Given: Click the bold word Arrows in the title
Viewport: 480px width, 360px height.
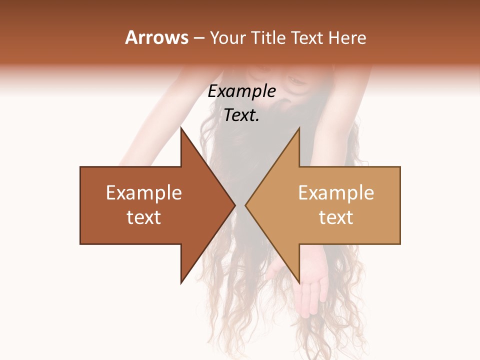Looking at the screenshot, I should [157, 37].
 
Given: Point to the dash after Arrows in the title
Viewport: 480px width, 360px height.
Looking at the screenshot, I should [198, 38].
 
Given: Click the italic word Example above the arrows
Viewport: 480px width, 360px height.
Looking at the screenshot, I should [241, 91].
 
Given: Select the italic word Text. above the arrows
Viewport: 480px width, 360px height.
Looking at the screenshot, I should [241, 115].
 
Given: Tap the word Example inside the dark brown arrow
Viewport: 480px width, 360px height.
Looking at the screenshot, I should [144, 193].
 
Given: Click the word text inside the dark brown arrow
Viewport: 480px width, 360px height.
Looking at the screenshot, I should [144, 217].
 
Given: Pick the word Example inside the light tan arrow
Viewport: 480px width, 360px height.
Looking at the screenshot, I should [336, 193].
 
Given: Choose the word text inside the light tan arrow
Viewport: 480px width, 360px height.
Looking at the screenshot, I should [336, 217].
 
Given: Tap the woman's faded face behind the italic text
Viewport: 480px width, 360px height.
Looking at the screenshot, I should [295, 82].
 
